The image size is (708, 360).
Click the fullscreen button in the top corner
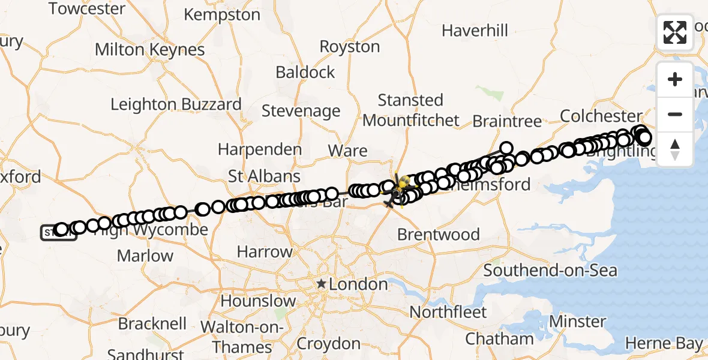tap(675, 32)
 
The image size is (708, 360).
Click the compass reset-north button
tap(675, 149)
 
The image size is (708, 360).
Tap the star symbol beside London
tap(322, 283)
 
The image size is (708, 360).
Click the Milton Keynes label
tap(150, 49)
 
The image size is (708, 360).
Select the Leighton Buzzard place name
tap(176, 104)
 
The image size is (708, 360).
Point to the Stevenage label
tap(301, 111)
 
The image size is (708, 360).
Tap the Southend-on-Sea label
tap(550, 270)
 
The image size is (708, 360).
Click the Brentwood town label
tap(439, 234)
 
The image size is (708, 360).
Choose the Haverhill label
tap(475, 30)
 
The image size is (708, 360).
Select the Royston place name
tap(350, 46)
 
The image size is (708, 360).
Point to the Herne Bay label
tap(664, 344)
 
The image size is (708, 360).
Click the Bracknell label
tap(152, 323)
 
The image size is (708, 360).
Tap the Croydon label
tap(328, 344)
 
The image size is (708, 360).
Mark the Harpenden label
tap(260, 149)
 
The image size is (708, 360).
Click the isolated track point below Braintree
tap(506, 148)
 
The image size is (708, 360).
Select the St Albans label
tap(264, 176)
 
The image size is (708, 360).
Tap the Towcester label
tap(87, 9)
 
